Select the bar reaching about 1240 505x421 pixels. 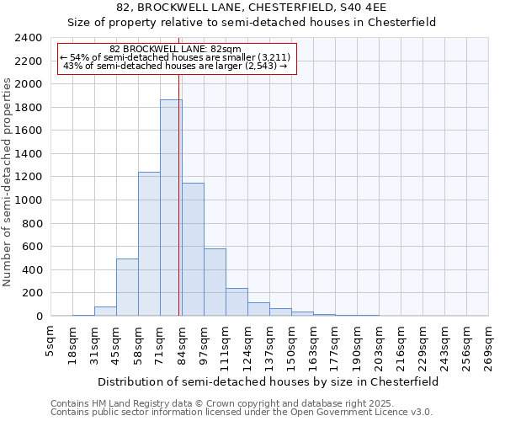point(149,244)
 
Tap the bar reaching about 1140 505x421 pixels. point(193,249)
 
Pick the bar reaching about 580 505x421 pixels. point(215,282)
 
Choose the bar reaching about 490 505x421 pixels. point(127,287)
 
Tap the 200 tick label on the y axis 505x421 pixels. point(32,293)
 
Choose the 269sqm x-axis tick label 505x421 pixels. point(488,345)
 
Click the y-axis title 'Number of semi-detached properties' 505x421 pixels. point(8,182)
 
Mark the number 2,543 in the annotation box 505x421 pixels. point(258,66)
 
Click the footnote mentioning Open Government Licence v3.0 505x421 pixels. point(242,413)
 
